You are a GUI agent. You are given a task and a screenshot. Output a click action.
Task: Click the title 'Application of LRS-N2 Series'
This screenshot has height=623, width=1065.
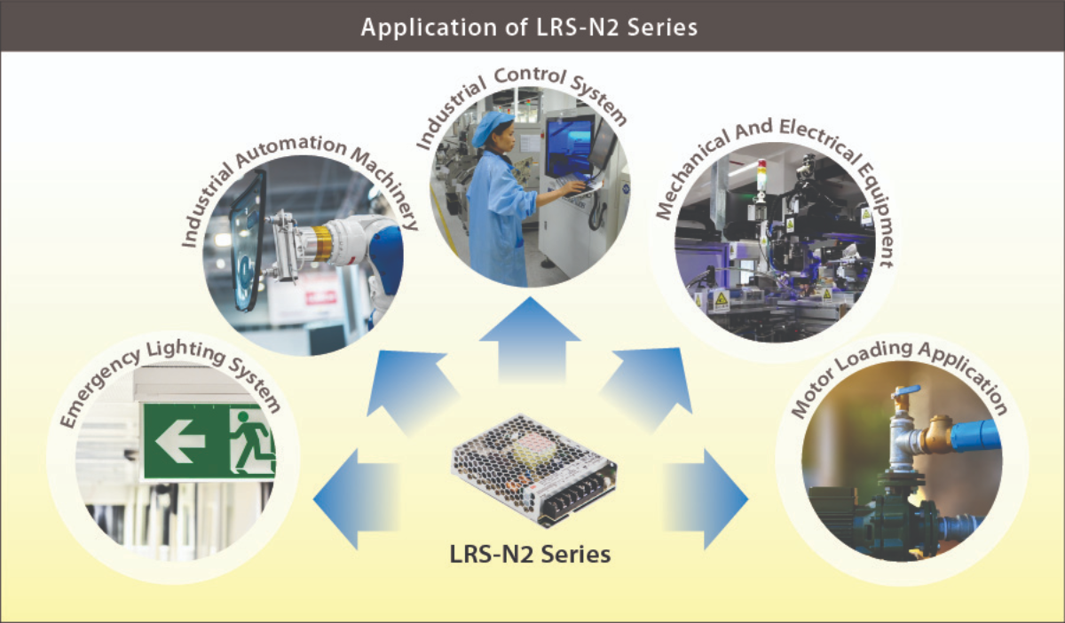[529, 28]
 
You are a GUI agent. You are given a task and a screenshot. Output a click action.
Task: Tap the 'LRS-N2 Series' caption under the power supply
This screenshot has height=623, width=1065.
[530, 555]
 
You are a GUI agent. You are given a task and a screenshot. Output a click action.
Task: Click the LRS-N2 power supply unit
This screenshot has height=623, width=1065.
[534, 470]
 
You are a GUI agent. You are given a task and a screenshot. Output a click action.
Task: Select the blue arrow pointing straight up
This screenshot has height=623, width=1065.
[530, 340]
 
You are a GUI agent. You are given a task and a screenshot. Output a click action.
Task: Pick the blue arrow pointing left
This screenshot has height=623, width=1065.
[356, 499]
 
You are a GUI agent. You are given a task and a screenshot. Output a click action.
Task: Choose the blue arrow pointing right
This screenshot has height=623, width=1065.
[706, 499]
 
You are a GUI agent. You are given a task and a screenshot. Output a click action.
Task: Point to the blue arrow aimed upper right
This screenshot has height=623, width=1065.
[649, 385]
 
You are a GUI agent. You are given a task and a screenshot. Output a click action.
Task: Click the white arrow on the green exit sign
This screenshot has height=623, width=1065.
[180, 441]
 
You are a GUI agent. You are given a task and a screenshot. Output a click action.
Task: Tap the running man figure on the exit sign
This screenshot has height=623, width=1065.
[252, 442]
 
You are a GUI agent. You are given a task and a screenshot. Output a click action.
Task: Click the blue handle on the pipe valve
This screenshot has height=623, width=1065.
[906, 392]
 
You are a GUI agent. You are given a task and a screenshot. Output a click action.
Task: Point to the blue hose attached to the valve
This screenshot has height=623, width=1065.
[975, 435]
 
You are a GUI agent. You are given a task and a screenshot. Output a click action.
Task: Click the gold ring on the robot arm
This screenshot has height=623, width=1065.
[322, 243]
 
